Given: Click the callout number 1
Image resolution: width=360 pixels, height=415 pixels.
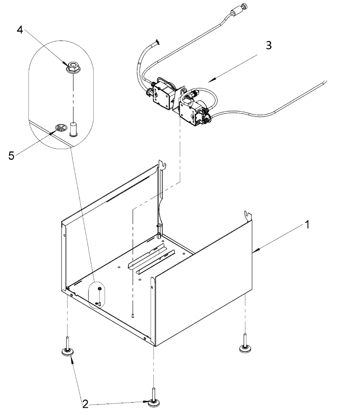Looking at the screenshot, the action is pyautogui.click(x=307, y=225).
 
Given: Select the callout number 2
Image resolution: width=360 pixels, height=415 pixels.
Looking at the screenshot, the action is pyautogui.click(x=85, y=404).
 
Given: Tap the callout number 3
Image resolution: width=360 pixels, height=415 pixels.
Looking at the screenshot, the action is pyautogui.click(x=268, y=45).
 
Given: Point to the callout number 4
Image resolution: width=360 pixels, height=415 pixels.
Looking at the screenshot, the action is pyautogui.click(x=20, y=30).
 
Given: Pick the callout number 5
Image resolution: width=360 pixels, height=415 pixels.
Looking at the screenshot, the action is pyautogui.click(x=11, y=156).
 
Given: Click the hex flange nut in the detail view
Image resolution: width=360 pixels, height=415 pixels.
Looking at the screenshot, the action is pyautogui.click(x=72, y=67).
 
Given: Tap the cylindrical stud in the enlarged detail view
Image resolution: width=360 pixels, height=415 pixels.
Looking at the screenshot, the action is pyautogui.click(x=73, y=129).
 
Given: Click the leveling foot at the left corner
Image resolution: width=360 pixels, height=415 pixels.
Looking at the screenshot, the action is pyautogui.click(x=68, y=347).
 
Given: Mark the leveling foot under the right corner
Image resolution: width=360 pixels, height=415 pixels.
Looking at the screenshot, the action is pyautogui.click(x=245, y=343).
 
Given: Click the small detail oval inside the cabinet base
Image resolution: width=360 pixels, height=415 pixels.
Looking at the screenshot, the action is pyautogui.click(x=96, y=295).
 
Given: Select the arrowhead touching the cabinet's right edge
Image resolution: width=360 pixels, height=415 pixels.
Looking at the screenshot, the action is pyautogui.click(x=256, y=249).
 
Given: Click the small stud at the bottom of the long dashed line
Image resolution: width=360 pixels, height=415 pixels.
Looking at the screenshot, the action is pyautogui.click(x=132, y=315).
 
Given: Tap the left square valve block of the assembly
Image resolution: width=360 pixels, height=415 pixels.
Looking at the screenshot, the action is pyautogui.click(x=162, y=95).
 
